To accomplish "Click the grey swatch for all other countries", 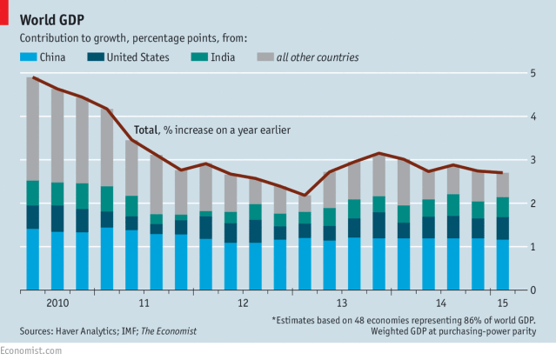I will click(x=264, y=57).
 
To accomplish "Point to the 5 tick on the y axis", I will click(x=532, y=73).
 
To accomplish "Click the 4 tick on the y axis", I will click(x=532, y=117).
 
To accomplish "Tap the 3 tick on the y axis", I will click(x=532, y=160).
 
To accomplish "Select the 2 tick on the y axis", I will click(x=532, y=203).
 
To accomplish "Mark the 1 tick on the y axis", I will click(x=532, y=247).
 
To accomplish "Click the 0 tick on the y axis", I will click(x=532, y=290).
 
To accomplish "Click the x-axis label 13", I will click(x=342, y=303).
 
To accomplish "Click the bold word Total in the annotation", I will click(x=145, y=130).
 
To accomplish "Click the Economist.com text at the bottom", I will click(x=31, y=350).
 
